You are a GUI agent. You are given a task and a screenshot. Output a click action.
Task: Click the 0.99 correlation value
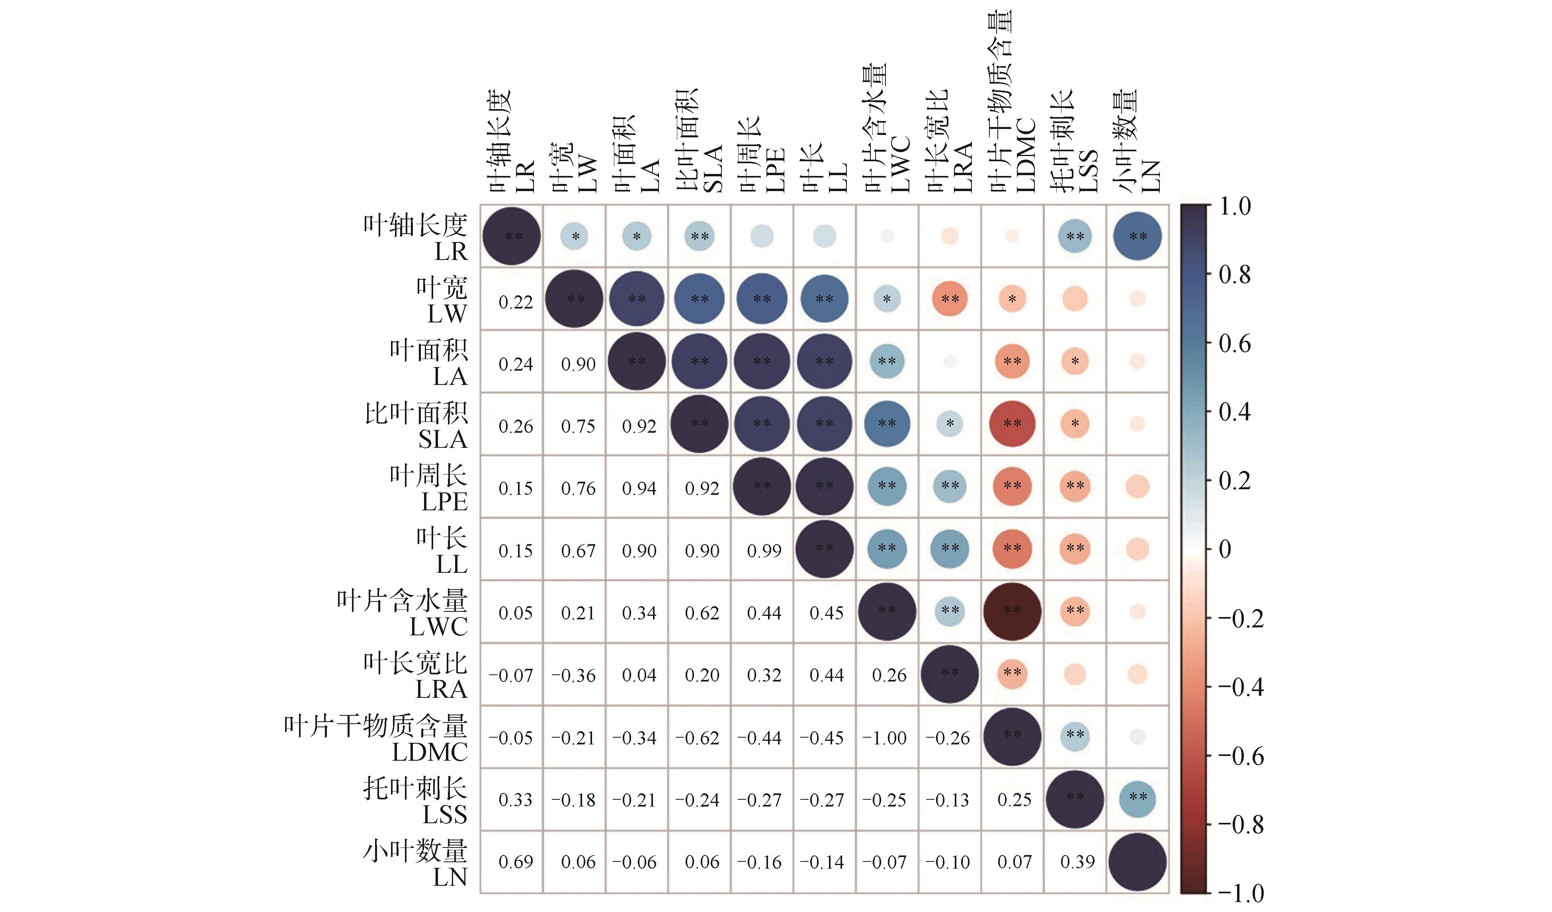[764, 551]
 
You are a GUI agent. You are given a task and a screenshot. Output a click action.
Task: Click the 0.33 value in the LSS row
[516, 800]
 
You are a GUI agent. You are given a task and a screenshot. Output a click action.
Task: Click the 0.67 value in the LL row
[578, 551]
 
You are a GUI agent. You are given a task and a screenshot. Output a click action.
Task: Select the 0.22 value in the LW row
[516, 302]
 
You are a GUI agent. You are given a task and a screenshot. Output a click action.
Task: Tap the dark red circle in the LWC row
[1012, 611]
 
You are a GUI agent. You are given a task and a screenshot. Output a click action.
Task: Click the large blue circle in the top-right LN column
[1138, 236]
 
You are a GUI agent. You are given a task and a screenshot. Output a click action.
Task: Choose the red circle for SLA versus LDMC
[1012, 424]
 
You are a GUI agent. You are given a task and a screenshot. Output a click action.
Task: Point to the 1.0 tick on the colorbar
[1235, 206]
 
